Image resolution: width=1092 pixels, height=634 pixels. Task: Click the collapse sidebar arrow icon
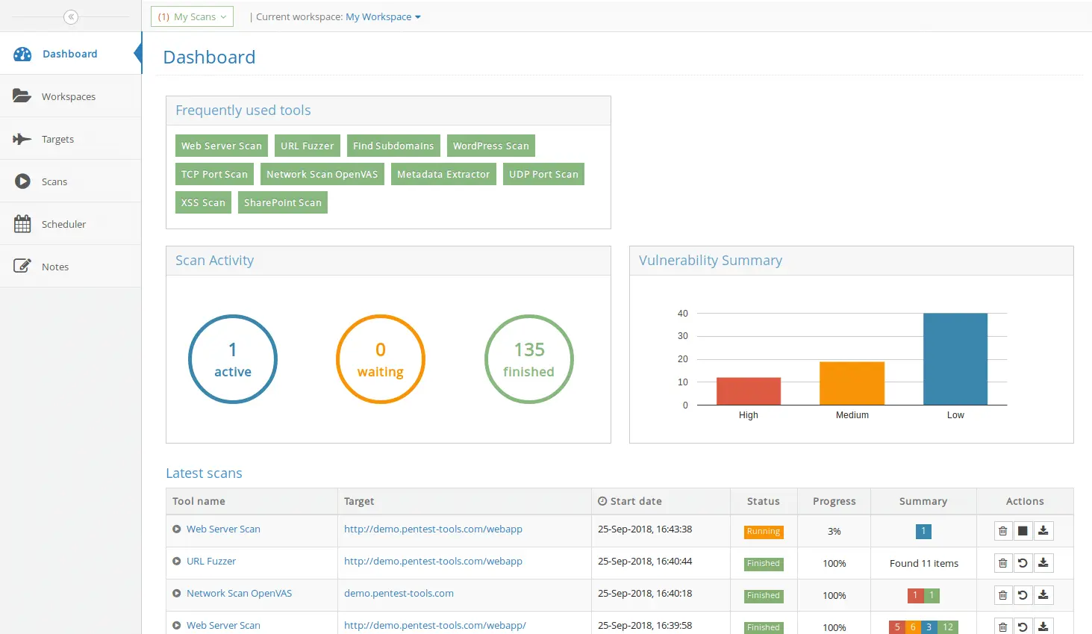pos(71,16)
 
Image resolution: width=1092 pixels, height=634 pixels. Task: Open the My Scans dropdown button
pos(192,16)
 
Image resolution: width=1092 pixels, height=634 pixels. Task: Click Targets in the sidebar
pos(57,139)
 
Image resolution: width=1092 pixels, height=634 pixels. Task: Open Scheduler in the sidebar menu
pos(63,224)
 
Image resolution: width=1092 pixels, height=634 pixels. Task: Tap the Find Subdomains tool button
pos(393,146)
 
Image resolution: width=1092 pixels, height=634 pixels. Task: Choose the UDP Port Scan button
pos(543,174)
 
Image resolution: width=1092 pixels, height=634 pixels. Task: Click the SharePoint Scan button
pos(282,202)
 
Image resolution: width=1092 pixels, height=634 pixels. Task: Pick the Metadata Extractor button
pos(443,174)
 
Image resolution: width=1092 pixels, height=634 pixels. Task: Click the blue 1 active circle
pos(233,359)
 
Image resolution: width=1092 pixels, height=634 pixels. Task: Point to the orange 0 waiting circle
pos(381,359)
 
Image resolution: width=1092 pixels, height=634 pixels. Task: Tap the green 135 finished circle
pos(528,359)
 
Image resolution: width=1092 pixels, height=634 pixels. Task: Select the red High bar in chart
pos(749,391)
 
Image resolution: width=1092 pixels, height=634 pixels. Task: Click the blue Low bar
pos(955,359)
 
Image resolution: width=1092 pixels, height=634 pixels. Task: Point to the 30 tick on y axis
pos(683,336)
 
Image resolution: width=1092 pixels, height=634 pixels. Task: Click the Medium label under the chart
pos(852,415)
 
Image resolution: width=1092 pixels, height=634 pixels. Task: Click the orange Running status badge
pos(763,532)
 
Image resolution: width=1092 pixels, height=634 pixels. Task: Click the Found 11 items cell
pos(923,564)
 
